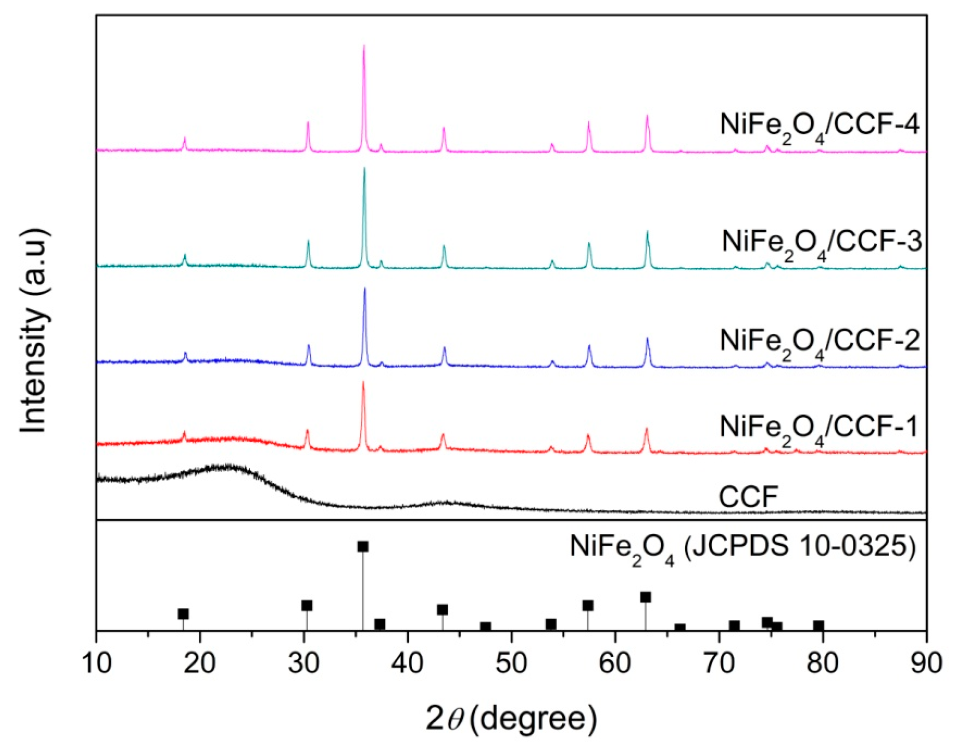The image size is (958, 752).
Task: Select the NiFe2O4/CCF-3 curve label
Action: click(x=821, y=243)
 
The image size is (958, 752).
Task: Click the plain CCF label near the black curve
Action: click(x=748, y=497)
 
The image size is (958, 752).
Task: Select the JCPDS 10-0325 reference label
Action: click(x=743, y=548)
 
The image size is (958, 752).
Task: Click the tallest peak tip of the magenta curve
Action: click(x=364, y=46)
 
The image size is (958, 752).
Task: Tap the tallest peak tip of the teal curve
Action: click(x=364, y=169)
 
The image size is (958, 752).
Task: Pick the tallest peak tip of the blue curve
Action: click(x=365, y=289)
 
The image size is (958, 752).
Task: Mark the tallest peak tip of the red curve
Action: click(x=363, y=382)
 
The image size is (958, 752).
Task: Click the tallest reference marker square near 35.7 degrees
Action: click(x=363, y=547)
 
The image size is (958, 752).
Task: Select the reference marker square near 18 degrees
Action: click(x=183, y=614)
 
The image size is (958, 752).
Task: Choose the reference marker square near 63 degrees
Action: click(x=645, y=597)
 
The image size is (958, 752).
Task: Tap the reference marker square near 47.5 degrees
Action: click(x=485, y=627)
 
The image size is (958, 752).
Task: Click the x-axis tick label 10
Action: click(x=97, y=664)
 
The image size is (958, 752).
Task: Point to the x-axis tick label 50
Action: click(x=511, y=664)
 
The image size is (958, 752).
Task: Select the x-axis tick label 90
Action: click(x=926, y=664)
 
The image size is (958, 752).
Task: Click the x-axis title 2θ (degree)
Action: click(x=511, y=719)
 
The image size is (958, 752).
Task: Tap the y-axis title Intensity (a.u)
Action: click(x=35, y=331)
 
